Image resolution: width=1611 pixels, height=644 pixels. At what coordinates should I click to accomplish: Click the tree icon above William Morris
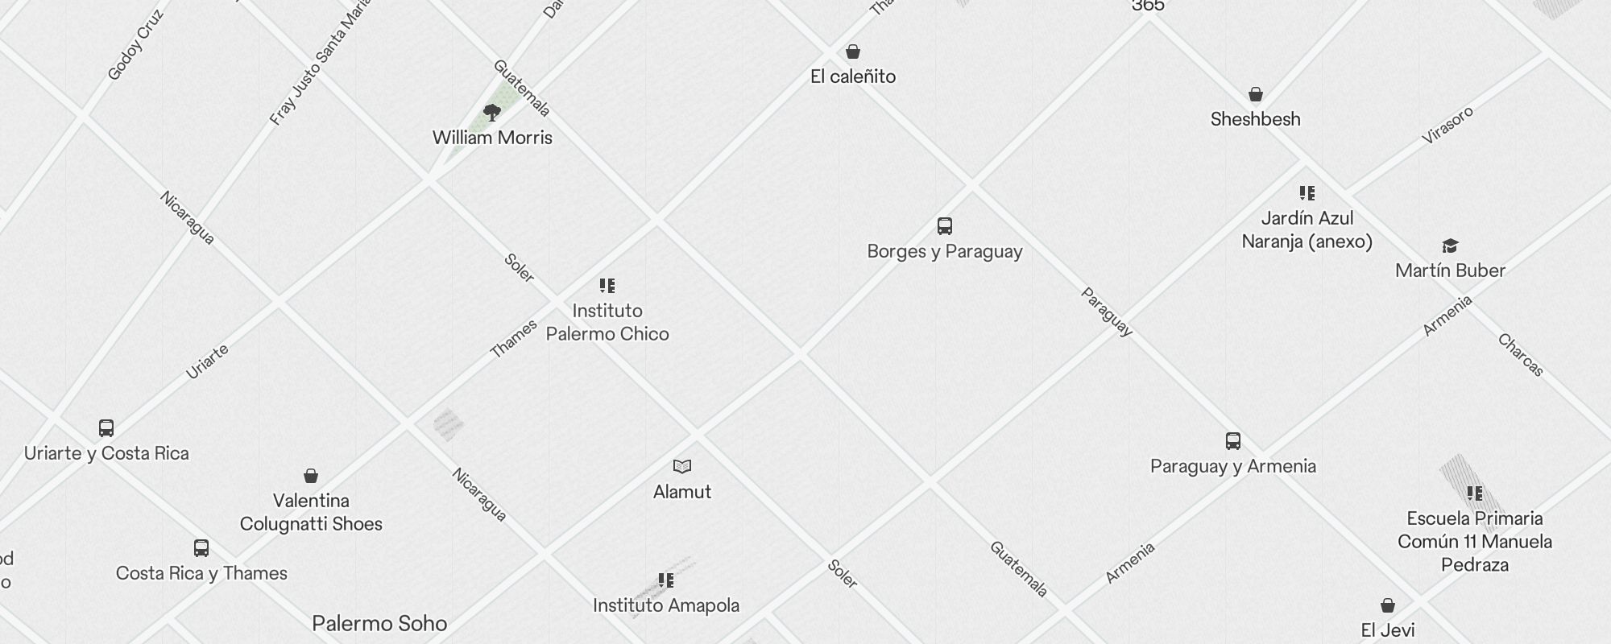[x=492, y=112]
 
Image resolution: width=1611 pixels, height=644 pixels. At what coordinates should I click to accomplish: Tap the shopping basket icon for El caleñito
[x=853, y=52]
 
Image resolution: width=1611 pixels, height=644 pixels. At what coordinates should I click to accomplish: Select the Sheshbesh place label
[x=1255, y=119]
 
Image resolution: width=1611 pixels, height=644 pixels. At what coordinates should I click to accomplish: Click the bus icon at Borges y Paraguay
[x=945, y=226]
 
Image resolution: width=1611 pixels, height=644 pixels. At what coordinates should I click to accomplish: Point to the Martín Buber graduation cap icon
[x=1450, y=246]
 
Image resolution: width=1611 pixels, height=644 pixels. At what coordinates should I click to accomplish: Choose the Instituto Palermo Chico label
[x=607, y=322]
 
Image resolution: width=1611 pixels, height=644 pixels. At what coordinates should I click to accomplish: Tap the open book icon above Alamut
[x=682, y=466]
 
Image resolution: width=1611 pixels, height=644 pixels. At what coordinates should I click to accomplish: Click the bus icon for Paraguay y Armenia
[x=1233, y=441]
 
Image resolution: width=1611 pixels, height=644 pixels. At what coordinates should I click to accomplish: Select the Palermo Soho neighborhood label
[x=379, y=623]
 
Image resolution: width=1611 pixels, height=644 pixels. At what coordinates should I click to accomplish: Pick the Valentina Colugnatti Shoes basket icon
[x=311, y=476]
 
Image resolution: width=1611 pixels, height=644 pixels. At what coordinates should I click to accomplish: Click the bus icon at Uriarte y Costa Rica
[x=106, y=428]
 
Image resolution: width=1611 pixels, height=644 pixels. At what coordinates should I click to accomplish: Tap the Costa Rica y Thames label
[x=201, y=573]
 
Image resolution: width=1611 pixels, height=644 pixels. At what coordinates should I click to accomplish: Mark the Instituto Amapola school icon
[x=666, y=580]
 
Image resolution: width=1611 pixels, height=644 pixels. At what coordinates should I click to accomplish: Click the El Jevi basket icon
[x=1388, y=605]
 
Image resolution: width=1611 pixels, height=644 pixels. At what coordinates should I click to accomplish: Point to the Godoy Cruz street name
[x=135, y=45]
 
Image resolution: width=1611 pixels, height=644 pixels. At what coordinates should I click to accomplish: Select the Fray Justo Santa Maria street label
[x=320, y=63]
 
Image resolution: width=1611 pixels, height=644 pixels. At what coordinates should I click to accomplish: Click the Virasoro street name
[x=1447, y=125]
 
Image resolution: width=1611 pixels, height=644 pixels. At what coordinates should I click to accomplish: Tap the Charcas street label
[x=1521, y=355]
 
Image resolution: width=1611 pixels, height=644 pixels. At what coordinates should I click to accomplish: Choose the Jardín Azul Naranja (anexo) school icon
[x=1307, y=193]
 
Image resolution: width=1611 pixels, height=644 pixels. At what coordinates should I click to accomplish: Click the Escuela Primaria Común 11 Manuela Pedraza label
[x=1474, y=541]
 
